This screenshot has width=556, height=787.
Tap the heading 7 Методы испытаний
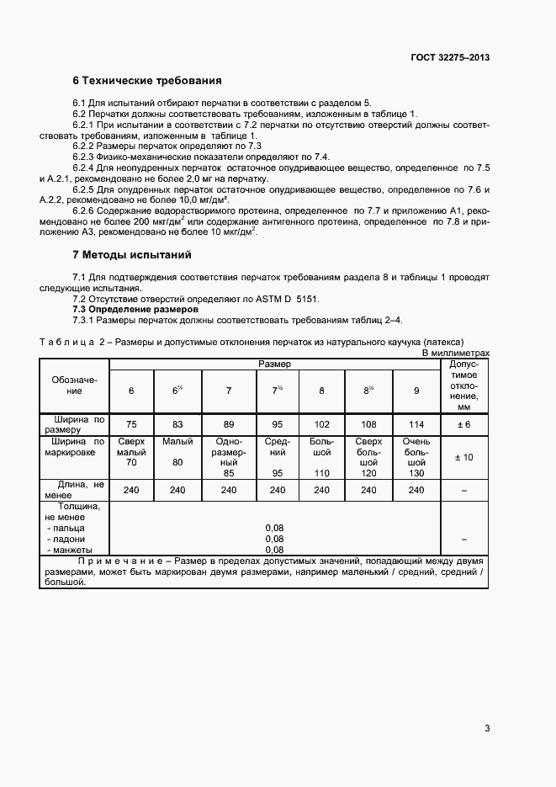(132, 253)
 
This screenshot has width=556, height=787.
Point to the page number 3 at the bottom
(487, 729)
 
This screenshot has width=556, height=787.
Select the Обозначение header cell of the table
(75, 385)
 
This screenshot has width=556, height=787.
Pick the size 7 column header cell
(228, 391)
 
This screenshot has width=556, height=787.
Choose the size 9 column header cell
(416, 391)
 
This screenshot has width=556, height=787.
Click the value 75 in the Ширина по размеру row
(131, 424)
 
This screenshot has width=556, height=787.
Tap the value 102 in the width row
(321, 424)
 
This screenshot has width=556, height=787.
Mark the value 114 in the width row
(416, 424)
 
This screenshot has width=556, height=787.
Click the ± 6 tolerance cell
(463, 424)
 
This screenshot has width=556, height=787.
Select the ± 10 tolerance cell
(463, 456)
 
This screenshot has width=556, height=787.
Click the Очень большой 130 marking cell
(416, 457)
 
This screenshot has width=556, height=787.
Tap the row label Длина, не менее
(75, 490)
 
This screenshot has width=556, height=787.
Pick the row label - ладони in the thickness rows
(67, 539)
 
